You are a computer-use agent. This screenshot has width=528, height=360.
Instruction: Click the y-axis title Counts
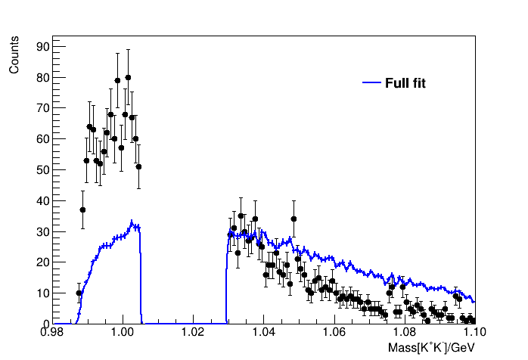point(14,57)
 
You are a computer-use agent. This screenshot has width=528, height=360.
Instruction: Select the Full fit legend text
point(405,83)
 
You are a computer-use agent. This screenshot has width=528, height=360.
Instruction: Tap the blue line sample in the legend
point(371,82)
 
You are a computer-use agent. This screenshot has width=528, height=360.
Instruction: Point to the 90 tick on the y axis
point(42,47)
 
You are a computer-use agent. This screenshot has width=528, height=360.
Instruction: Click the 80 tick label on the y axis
point(42,77)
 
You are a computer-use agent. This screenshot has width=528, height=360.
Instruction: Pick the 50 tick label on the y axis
point(42,170)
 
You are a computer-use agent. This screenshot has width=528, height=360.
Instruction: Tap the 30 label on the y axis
point(42,231)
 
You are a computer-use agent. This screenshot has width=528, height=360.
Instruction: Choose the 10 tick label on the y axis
point(42,293)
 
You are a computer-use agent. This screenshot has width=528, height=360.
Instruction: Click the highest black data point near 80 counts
point(128,77)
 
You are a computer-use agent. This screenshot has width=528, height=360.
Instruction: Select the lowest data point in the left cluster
point(79,293)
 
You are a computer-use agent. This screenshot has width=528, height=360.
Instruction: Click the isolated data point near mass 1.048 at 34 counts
point(294,219)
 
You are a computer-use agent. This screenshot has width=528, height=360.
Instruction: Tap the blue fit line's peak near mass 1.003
point(132,222)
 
